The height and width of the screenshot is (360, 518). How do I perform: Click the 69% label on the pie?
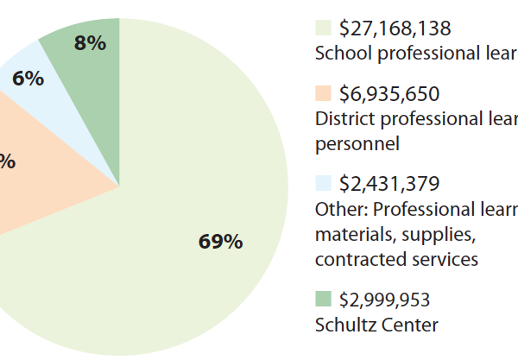tap(220, 242)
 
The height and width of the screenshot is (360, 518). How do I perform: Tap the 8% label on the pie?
tap(90, 43)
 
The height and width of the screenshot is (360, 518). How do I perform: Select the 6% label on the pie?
tap(28, 79)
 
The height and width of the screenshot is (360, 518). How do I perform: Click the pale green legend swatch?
tap(323, 28)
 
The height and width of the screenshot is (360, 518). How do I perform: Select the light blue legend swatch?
tap(323, 183)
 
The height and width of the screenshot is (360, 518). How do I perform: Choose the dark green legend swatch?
tap(323, 300)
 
